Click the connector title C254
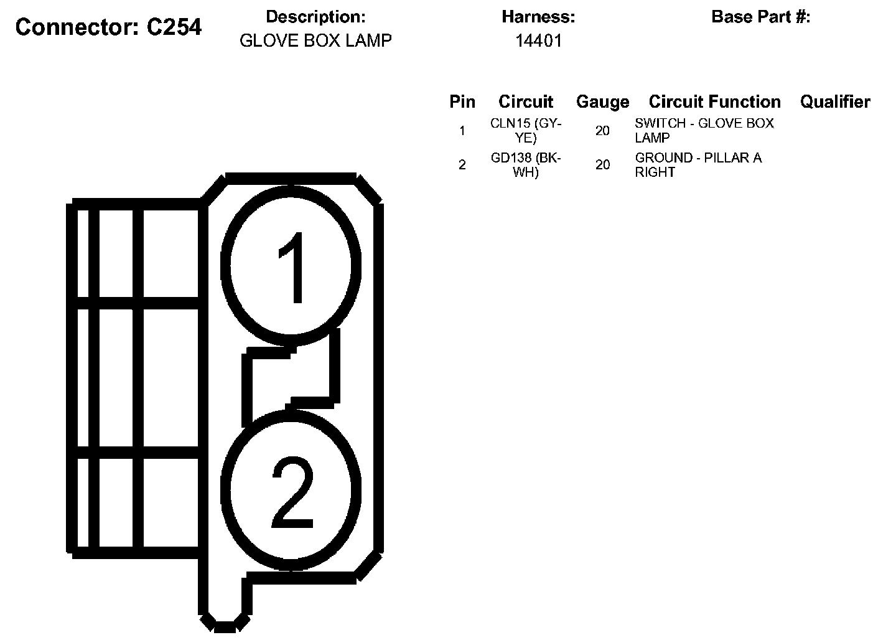(108, 27)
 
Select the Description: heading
(315, 17)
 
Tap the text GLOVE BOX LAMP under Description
(315, 41)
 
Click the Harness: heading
(538, 17)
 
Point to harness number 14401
(538, 41)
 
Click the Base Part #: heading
(760, 17)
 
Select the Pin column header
(462, 101)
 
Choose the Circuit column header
(526, 101)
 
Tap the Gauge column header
(602, 101)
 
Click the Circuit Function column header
(714, 101)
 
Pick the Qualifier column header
(835, 101)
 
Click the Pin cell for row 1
(462, 131)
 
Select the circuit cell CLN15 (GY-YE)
(526, 131)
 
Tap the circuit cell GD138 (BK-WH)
(526, 165)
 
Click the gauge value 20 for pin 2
(602, 165)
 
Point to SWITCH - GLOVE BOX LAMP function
(704, 131)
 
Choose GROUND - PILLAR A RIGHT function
(698, 165)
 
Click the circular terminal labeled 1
(291, 266)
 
